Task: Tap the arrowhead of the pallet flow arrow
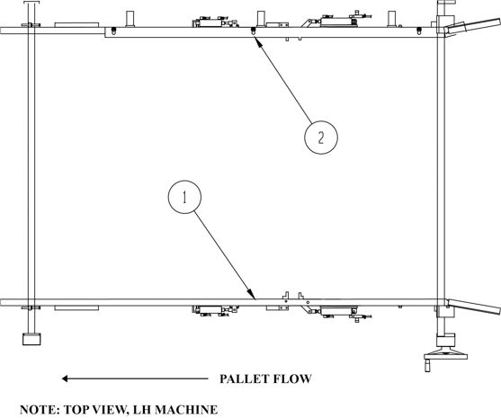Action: (65, 378)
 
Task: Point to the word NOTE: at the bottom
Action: (40, 410)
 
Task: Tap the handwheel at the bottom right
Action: (445, 356)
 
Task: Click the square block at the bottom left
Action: (31, 339)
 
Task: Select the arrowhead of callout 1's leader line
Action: (253, 296)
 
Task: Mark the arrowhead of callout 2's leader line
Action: (257, 41)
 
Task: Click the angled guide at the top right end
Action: (472, 26)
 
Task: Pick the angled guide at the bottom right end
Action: (473, 307)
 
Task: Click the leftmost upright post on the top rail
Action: (130, 19)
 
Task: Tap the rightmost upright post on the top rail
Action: (392, 19)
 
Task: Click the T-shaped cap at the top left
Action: (31, 2)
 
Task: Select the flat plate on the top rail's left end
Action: (76, 25)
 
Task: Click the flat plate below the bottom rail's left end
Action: (76, 308)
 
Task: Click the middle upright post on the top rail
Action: (261, 19)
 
